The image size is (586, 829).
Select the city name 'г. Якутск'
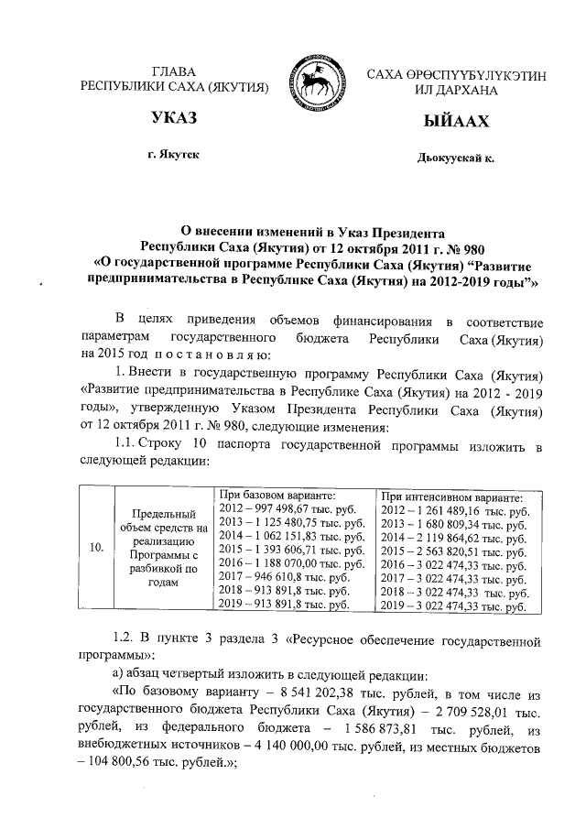pyautogui.click(x=174, y=157)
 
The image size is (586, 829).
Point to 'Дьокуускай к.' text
pyautogui.click(x=455, y=158)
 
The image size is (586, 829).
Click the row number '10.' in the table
pyautogui.click(x=96, y=547)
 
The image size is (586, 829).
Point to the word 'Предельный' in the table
pyautogui.click(x=166, y=514)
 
